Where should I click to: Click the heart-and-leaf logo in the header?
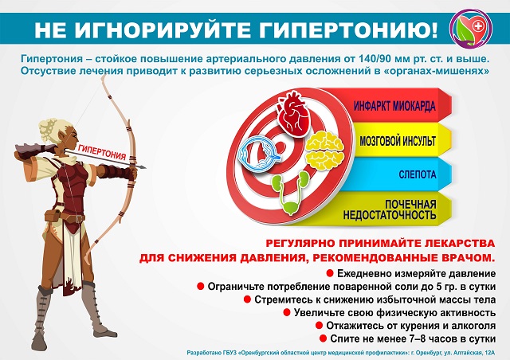point(471,28)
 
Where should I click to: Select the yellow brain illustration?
point(324,150)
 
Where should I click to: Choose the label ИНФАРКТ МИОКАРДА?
point(394,107)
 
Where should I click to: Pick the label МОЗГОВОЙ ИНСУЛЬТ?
point(398,141)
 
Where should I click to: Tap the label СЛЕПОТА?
point(418,174)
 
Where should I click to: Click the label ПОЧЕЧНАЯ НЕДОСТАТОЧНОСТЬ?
point(390,209)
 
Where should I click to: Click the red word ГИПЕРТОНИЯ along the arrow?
point(102,152)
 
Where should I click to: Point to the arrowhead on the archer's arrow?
point(141,167)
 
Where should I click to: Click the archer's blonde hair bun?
point(49,129)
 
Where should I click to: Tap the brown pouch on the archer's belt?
point(53,216)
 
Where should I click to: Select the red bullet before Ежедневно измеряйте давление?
point(329,273)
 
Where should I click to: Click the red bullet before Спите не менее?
point(323,338)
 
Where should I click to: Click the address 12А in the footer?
point(489,353)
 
